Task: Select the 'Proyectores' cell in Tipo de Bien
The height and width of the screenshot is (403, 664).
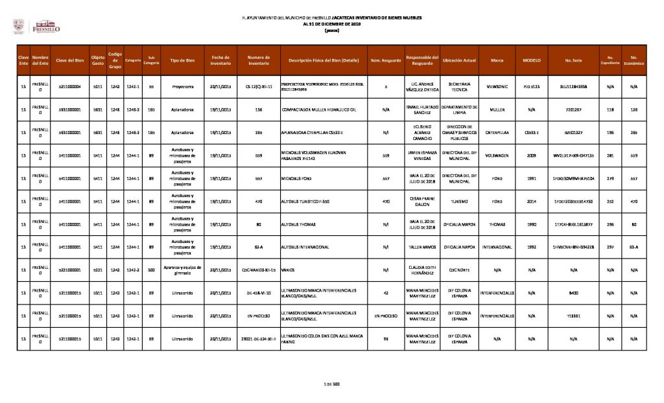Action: pyautogui.click(x=182, y=86)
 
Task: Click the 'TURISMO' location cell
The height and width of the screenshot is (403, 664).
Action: pyautogui.click(x=459, y=201)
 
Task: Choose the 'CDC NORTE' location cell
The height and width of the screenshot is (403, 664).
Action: pyautogui.click(x=459, y=270)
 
